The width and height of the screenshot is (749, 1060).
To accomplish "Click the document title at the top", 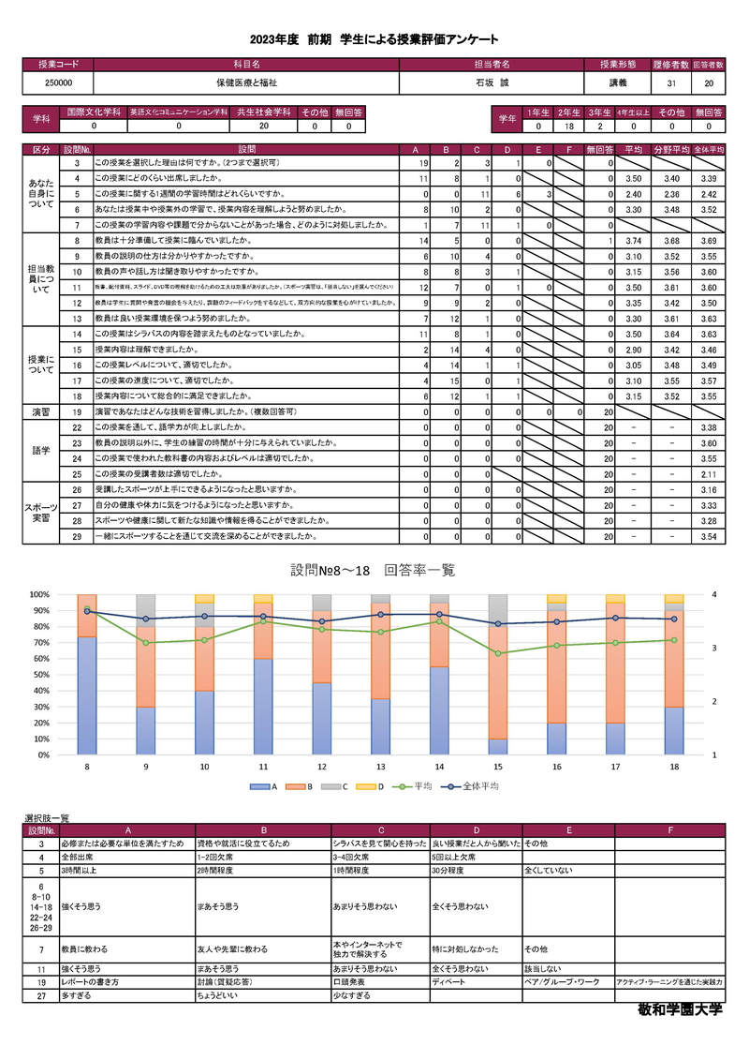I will point(374,39).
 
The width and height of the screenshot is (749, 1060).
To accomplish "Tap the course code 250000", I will point(57,83).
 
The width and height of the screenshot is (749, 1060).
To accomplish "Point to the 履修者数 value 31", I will point(671,83).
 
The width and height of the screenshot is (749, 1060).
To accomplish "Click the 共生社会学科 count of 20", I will point(263,125).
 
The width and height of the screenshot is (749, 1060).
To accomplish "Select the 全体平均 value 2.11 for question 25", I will point(708,474).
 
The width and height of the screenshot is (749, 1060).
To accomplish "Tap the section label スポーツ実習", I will point(42,513).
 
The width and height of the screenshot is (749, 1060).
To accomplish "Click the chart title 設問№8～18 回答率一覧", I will point(373,570).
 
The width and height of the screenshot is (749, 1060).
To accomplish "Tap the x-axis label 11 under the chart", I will point(263,767).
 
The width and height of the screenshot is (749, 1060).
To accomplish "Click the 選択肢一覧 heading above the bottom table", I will point(46,818).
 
